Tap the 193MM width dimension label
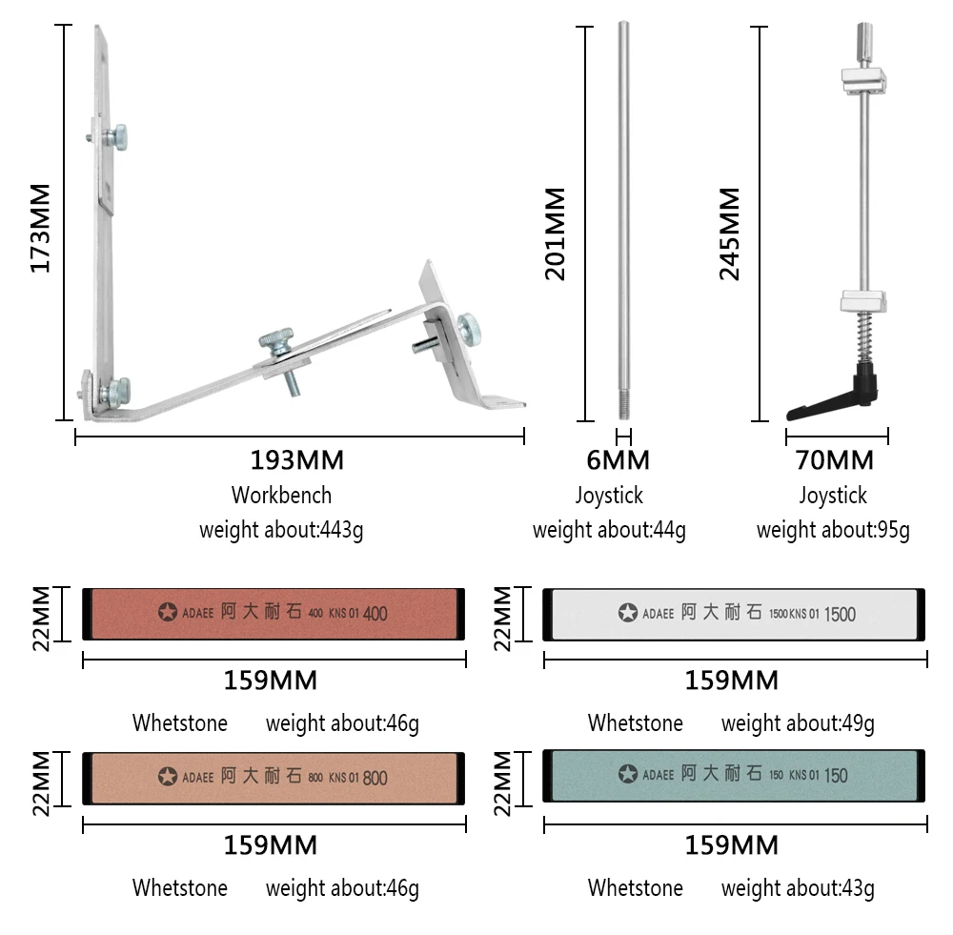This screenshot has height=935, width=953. point(296,460)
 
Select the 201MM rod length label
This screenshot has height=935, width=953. point(555,234)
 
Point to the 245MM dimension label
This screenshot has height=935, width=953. point(729,234)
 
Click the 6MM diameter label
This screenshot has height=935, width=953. point(618,460)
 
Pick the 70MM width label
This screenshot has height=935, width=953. point(834,460)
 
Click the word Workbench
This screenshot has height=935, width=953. point(281,496)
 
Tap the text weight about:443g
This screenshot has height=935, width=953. point(281,530)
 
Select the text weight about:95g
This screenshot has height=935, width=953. point(833,530)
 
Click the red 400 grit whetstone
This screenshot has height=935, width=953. point(274,613)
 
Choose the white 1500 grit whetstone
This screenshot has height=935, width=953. point(735,613)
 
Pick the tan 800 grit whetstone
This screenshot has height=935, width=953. point(274,777)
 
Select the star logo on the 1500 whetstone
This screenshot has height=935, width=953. point(627,614)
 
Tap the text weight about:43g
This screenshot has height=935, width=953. point(798,888)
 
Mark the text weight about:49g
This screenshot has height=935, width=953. point(798,724)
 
